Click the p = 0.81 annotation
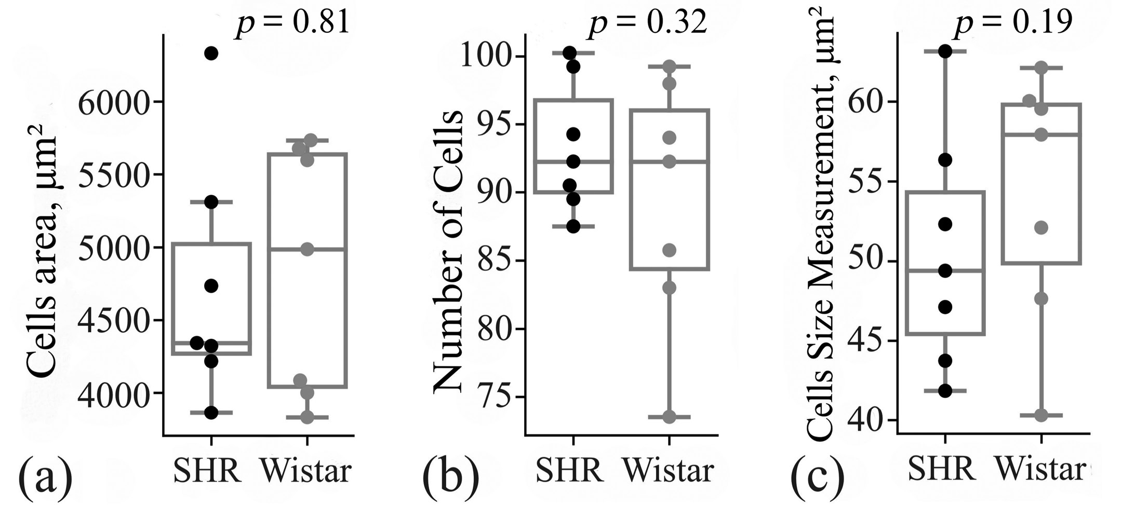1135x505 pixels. [292, 23]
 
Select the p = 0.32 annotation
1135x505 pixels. [647, 23]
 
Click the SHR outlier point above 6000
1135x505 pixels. [211, 53]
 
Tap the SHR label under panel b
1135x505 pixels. [569, 471]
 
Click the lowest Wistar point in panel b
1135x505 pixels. [669, 417]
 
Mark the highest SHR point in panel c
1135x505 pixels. [945, 51]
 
